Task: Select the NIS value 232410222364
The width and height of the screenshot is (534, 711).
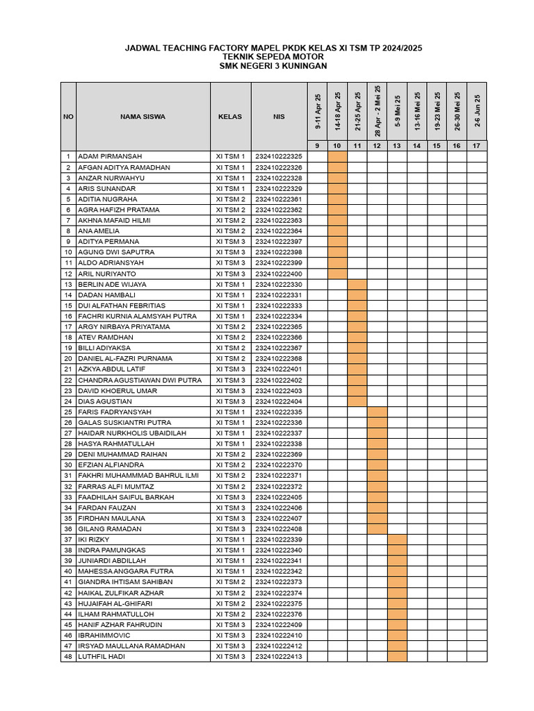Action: [x=279, y=231]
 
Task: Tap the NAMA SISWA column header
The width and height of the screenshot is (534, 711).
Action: [x=143, y=117]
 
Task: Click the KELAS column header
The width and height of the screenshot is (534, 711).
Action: [x=230, y=117]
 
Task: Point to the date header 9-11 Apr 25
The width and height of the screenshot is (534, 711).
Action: [x=318, y=112]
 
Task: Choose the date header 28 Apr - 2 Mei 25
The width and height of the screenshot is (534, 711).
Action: [x=378, y=111]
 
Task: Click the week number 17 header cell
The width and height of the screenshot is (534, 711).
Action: [x=477, y=146]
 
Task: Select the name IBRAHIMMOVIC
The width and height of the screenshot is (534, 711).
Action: [x=104, y=635]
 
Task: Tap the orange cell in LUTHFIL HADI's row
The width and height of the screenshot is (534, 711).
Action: [x=397, y=657]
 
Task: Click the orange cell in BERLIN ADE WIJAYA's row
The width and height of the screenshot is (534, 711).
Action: [x=357, y=285]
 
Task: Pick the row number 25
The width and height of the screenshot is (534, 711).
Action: [x=68, y=412]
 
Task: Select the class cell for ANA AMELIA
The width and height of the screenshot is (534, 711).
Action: [x=230, y=231]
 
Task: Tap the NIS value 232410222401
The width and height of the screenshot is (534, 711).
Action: [x=279, y=369]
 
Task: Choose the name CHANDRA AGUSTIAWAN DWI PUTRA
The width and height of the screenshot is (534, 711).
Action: [x=140, y=380]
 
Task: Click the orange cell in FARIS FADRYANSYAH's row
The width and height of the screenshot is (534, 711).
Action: [x=378, y=412]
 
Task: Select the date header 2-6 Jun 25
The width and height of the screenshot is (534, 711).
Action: [x=477, y=112]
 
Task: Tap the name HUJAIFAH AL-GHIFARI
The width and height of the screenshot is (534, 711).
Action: [x=115, y=603]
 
